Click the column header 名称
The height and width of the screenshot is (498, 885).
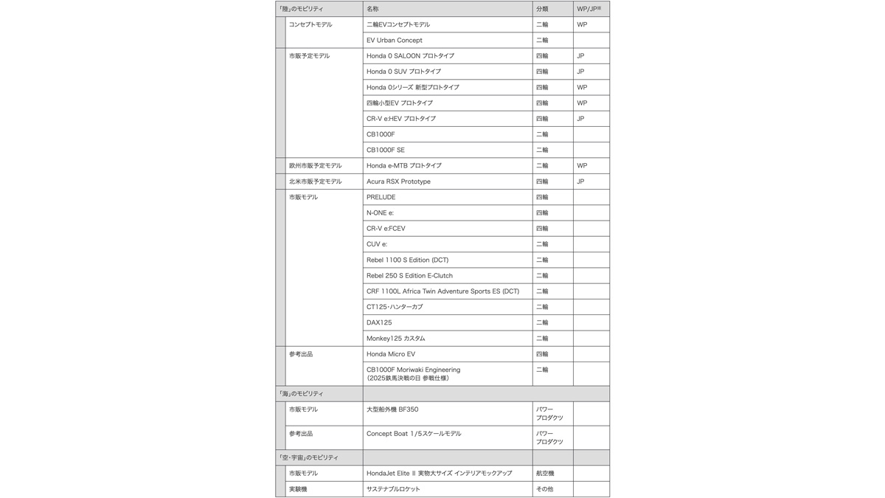tap(372, 9)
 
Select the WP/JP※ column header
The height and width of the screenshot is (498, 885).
tap(589, 9)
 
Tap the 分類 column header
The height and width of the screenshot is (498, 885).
tap(542, 9)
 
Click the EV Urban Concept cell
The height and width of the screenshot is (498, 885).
tap(395, 41)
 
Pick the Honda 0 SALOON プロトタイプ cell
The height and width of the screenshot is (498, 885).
tap(410, 56)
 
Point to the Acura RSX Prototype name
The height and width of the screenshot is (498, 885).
tap(398, 181)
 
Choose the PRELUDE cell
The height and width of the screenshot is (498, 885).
tap(381, 197)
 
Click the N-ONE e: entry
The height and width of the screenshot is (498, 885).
tap(380, 212)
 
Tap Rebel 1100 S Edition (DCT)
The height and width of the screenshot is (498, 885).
tap(407, 260)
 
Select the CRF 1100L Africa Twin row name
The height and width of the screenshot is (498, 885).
tap(442, 291)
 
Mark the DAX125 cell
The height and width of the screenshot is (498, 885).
tap(379, 322)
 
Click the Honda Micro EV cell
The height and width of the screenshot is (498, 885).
tap(391, 354)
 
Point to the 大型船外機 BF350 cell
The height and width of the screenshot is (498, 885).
tap(392, 409)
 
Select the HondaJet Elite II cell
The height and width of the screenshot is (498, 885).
tap(439, 473)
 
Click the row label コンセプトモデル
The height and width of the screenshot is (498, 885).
tap(310, 24)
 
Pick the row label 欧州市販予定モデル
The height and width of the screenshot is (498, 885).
tap(315, 166)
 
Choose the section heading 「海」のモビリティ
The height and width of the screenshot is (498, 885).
tap(301, 394)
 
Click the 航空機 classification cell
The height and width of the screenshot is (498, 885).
tap(545, 473)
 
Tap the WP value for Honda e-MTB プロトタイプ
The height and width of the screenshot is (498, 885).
tap(582, 166)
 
